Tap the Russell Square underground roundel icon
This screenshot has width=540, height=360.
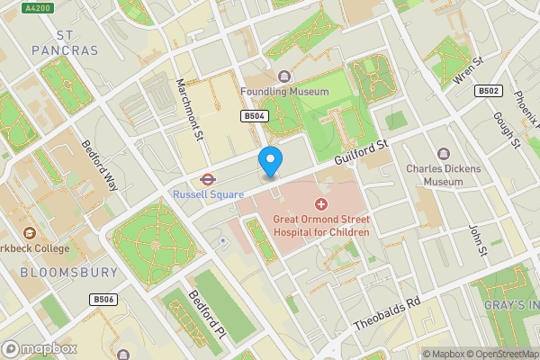tap(205, 178)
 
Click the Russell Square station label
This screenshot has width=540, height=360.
tap(208, 193)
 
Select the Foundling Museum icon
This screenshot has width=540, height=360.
tap(285, 76)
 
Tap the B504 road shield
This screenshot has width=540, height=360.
tap(255, 116)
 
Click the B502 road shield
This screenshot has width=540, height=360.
tap(490, 91)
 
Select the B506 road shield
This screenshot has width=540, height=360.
tap(103, 299)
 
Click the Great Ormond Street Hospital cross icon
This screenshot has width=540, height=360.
tap(321, 204)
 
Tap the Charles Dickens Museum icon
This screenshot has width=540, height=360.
tap(442, 154)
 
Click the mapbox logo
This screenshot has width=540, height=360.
tap(40, 348)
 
